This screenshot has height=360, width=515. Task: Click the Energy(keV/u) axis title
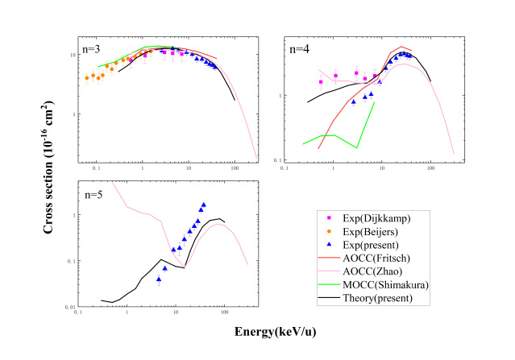pyautogui.click(x=268, y=331)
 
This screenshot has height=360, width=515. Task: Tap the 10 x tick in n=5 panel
pyautogui.click(x=176, y=311)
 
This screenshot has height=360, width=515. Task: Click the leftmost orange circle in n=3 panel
pyautogui.click(x=86, y=78)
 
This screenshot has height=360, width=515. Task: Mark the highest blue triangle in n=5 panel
pyautogui.click(x=203, y=205)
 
